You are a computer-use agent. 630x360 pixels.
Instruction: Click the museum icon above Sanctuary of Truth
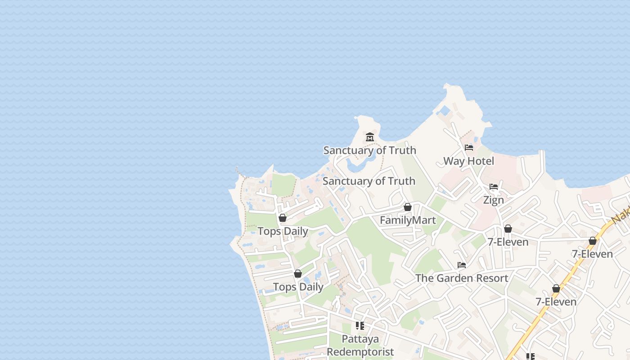[370, 137]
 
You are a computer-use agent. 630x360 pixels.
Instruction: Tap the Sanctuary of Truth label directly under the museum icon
[369, 150]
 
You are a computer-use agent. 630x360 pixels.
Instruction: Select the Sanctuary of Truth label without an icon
[369, 181]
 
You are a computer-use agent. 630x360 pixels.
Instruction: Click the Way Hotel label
[468, 161]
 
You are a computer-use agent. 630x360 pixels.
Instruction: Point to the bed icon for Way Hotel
[469, 148]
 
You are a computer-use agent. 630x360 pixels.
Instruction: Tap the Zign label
[493, 200]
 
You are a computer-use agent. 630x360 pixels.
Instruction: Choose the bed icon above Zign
[494, 187]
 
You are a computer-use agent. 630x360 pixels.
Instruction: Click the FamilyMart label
[408, 220]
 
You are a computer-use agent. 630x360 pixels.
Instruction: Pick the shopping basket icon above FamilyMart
[408, 207]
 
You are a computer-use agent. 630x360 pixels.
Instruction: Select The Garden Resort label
[461, 278]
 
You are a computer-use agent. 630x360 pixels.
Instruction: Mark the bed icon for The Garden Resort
[462, 265]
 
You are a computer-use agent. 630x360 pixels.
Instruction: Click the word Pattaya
[360, 339]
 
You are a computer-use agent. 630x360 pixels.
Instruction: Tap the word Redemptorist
[360, 352]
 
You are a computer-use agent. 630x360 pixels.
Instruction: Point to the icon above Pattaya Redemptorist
[360, 325]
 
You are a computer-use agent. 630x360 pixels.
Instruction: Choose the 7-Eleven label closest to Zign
[508, 242]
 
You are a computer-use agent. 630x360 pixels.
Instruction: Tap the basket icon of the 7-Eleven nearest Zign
[508, 229]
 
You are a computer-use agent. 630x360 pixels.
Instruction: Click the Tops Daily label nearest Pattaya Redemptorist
[298, 287]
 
